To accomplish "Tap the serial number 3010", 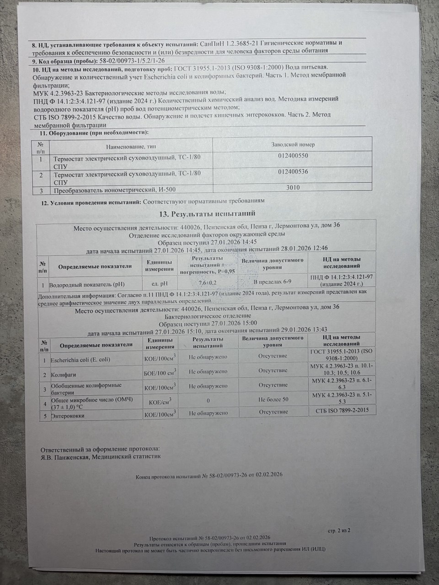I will click(293, 187).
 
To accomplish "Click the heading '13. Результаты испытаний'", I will click(206, 214).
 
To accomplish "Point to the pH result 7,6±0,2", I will click(208, 283).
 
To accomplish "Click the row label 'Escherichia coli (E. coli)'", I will click(80, 360).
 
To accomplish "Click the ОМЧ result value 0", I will click(208, 400).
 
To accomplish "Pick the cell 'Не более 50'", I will click(273, 399).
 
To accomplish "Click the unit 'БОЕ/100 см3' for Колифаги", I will click(160, 374).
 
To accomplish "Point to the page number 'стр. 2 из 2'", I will click(339, 530).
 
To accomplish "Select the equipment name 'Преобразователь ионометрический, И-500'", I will click(114, 190).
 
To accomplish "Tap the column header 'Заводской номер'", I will click(293, 144).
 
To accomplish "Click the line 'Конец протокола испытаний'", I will click(209, 475).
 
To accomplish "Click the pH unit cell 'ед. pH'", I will click(160, 283).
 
